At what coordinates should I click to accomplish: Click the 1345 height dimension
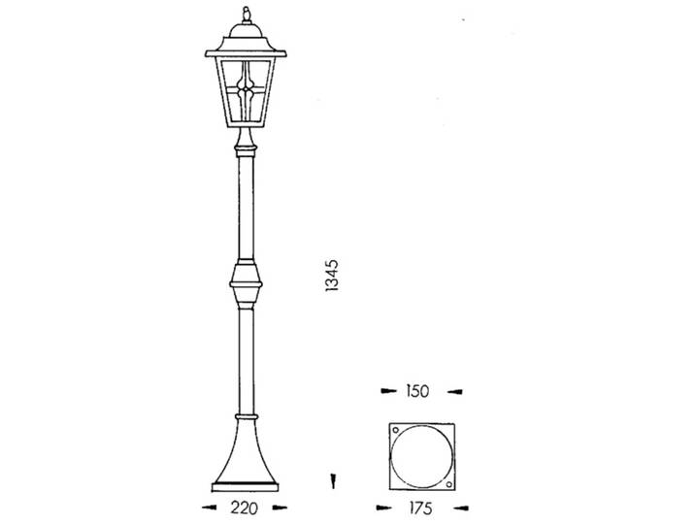tap(332, 275)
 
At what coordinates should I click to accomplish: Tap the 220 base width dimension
tap(244, 508)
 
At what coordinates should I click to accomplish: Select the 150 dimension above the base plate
tap(417, 391)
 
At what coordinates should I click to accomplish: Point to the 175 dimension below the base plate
tap(420, 508)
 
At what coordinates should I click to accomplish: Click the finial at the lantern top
tap(246, 15)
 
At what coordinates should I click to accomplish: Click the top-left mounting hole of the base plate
tap(396, 430)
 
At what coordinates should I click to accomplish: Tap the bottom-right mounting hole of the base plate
tap(448, 484)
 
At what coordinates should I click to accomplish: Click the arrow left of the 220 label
tap(210, 508)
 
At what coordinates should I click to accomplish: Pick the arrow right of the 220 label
tap(280, 508)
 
